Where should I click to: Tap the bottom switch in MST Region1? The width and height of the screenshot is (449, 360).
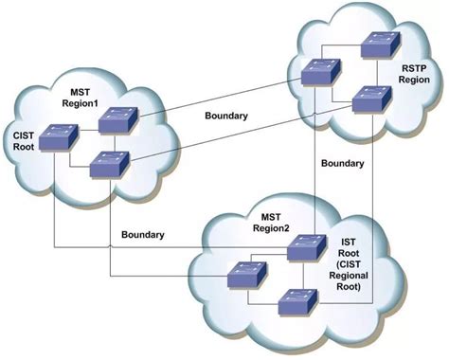109,164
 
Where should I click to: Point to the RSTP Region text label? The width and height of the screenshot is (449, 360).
415,74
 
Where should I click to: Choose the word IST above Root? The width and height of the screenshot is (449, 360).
347,243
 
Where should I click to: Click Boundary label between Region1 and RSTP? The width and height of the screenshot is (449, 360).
226,117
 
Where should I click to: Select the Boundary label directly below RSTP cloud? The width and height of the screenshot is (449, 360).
343,163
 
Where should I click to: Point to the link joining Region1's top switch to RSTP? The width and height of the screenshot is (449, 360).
218,97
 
